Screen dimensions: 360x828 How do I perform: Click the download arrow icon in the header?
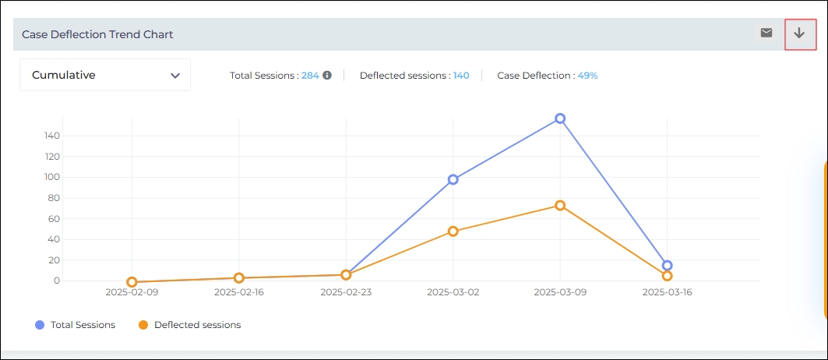(x=799, y=34)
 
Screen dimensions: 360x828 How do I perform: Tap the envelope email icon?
(x=766, y=33)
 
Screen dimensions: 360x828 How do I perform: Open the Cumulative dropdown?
(x=105, y=76)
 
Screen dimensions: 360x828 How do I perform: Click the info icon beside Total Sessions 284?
(x=327, y=76)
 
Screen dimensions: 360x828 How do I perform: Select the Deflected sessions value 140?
(x=461, y=76)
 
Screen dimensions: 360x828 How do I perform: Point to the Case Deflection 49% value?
(x=587, y=76)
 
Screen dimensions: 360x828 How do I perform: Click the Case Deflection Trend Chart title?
(x=97, y=34)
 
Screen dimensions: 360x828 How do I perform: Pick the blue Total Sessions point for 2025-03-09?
(x=560, y=118)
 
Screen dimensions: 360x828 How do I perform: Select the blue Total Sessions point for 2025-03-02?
(x=453, y=179)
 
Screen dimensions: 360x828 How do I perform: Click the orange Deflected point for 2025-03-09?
(x=560, y=206)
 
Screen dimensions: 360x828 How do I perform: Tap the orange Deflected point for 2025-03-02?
(x=453, y=231)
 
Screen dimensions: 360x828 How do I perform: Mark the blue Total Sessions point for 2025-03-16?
(x=667, y=266)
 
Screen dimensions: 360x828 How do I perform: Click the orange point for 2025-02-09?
(x=132, y=282)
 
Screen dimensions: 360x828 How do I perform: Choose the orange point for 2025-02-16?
(x=239, y=278)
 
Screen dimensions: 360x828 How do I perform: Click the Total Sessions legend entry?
(x=76, y=325)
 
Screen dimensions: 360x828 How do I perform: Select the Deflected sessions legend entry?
(x=189, y=325)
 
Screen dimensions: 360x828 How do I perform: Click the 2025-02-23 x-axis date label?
(x=346, y=293)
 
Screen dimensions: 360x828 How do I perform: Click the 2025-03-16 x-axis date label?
(x=667, y=293)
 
